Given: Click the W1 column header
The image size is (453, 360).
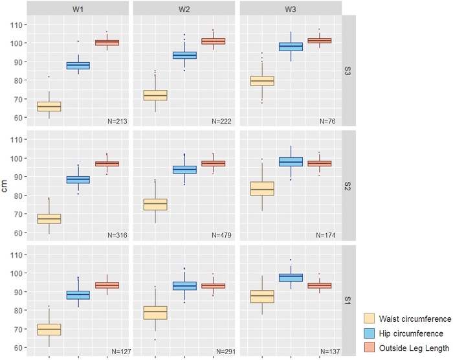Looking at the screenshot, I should (x=78, y=8).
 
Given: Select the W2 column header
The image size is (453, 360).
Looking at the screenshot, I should (x=184, y=8).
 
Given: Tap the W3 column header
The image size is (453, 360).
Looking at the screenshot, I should (x=291, y=8).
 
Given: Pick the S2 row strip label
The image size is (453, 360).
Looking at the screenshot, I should (x=349, y=185).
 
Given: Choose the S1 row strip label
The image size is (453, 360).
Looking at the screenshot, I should (x=349, y=299).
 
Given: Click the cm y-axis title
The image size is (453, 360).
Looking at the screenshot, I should (x=8, y=185).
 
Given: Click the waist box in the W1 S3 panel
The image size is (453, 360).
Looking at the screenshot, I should (x=49, y=106).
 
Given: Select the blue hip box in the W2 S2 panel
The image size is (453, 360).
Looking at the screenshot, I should (x=184, y=170).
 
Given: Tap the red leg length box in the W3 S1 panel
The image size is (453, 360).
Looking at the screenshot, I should (x=318, y=286).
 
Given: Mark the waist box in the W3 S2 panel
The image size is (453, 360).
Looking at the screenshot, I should (x=262, y=188).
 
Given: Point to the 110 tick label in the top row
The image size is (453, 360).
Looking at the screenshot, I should (x=15, y=25).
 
